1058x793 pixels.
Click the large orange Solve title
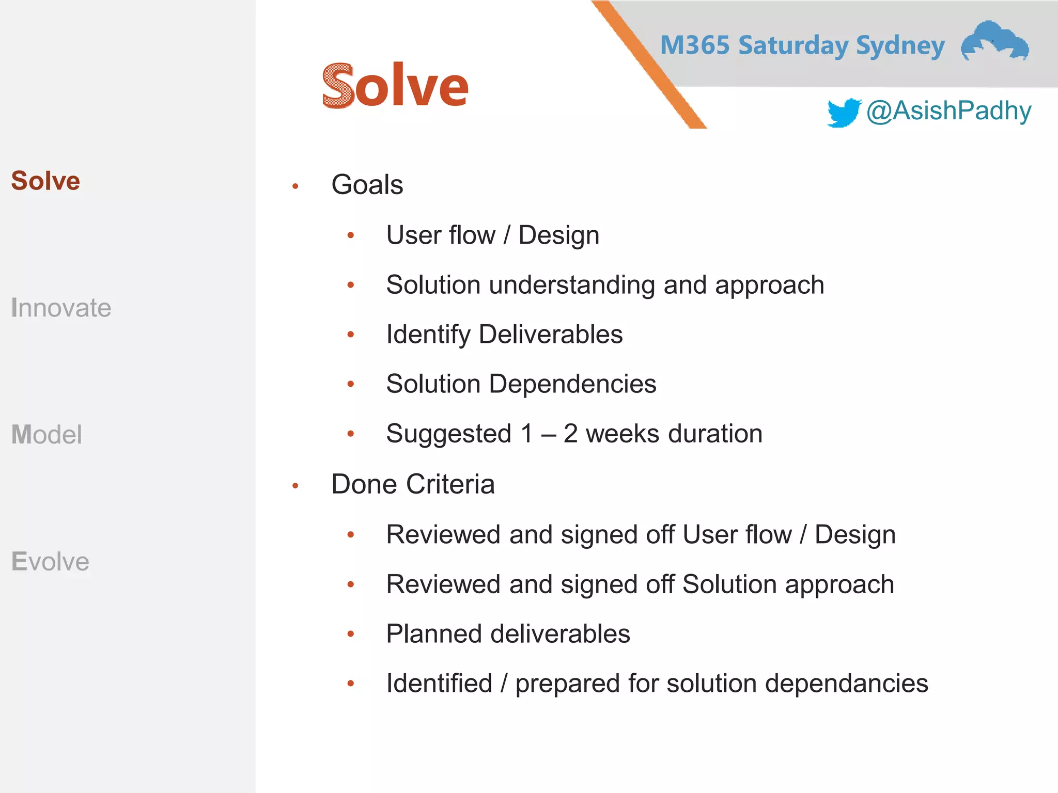coord(395,86)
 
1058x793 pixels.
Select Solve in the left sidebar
coord(45,181)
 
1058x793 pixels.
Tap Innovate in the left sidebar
coord(61,308)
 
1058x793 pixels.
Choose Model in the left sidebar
coord(46,434)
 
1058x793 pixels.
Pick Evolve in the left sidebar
coord(50,561)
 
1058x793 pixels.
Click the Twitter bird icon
coord(843,112)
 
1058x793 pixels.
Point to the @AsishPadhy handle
coord(948,111)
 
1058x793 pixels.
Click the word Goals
coord(367,185)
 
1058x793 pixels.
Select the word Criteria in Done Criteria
coord(450,484)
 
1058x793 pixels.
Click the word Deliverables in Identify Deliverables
coord(551,335)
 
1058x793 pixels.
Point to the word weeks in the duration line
coord(622,434)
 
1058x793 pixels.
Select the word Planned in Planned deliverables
coord(434,634)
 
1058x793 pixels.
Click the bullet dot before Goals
coord(295,186)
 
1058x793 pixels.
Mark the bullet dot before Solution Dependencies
coord(351,384)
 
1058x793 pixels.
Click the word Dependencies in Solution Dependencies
coord(572,384)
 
